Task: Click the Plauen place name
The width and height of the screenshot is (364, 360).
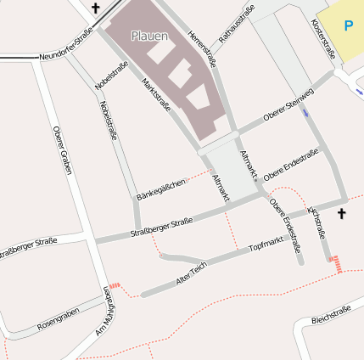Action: pyautogui.click(x=149, y=36)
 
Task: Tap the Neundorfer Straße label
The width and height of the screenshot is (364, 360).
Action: pyautogui.click(x=65, y=47)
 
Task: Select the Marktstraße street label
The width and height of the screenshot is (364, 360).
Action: pyautogui.click(x=157, y=95)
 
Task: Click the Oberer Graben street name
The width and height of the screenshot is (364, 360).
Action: pyautogui.click(x=60, y=150)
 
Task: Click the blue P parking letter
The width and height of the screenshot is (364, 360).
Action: pyautogui.click(x=348, y=25)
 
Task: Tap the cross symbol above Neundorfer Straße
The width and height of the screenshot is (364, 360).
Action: pyautogui.click(x=95, y=9)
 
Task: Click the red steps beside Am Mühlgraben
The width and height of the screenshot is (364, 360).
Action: pyautogui.click(x=115, y=286)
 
